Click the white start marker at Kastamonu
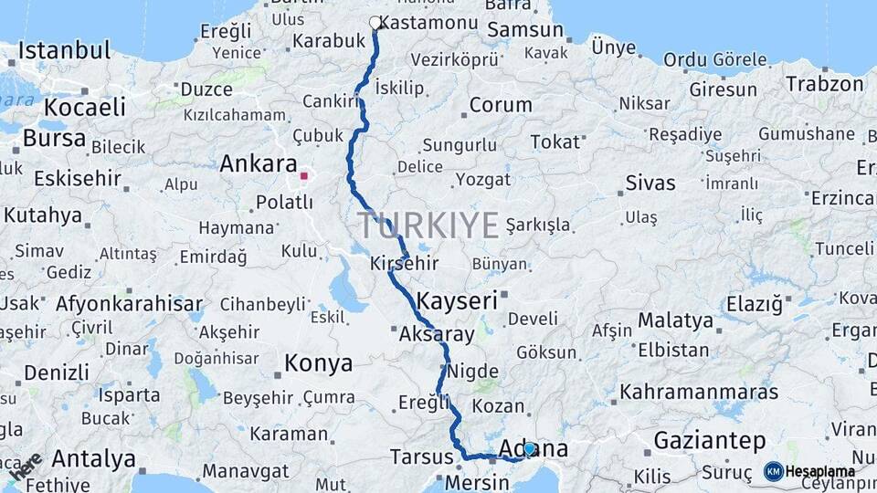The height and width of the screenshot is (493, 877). click(375, 23)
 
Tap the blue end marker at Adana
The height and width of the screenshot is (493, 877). click(529, 449)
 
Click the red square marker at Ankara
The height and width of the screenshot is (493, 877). click(303, 174)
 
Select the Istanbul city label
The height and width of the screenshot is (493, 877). click(64, 50)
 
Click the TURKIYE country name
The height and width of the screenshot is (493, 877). click(428, 225)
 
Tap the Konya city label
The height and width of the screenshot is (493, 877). click(318, 363)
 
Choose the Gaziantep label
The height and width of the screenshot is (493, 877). click(710, 441)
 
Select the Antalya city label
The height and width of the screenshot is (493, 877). click(94, 457)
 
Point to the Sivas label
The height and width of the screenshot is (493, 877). click(650, 183)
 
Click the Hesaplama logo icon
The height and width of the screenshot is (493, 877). click(773, 471)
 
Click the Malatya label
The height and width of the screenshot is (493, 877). click(675, 320)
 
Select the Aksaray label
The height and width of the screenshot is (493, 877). click(437, 334)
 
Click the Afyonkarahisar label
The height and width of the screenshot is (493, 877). click(129, 304)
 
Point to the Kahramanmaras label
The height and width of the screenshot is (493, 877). click(699, 393)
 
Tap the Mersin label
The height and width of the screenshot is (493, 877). click(478, 481)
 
